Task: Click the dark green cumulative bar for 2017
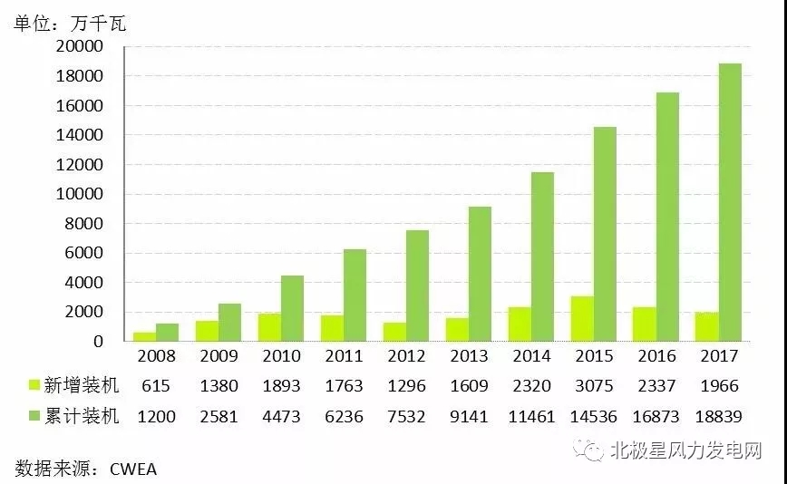[731, 202]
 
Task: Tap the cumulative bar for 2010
[292, 308]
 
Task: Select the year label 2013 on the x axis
[468, 357]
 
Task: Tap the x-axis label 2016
[656, 357]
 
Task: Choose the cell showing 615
[155, 386]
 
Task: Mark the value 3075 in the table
[593, 386]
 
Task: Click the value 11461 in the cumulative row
[530, 417]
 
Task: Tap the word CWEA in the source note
[133, 469]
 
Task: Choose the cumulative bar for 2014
[542, 257]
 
